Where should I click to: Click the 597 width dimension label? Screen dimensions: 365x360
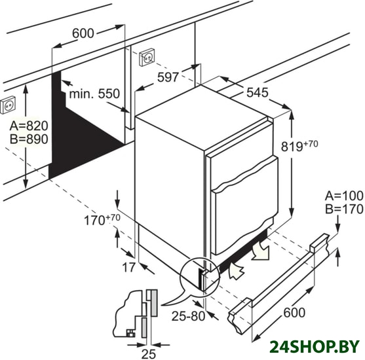tap(168, 77)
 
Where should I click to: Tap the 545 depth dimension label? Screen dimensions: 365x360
tap(258, 92)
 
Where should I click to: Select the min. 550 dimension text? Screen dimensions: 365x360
tap(94, 94)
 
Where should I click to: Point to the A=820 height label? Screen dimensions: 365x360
tap(29, 126)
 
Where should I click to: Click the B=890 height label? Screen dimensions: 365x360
tap(29, 139)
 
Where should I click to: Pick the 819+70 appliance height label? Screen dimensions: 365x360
tap(299, 145)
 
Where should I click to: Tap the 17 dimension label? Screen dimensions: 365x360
tap(128, 267)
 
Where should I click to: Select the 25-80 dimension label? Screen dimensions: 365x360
tap(188, 315)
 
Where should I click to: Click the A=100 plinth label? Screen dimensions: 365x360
tap(344, 196)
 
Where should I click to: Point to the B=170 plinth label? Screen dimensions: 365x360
tap(344, 209)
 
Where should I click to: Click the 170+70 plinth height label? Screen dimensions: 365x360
tap(102, 219)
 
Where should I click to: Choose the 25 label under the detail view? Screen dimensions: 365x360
tap(149, 354)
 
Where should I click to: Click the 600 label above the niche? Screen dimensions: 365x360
tap(83, 33)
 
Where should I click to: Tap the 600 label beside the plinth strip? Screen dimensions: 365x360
tap(294, 313)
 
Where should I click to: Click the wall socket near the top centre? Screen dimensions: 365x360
tap(147, 57)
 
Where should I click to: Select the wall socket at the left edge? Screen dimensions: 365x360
tap(8, 105)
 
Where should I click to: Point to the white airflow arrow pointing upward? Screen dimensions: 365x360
tap(235, 270)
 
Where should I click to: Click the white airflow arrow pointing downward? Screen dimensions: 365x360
tap(260, 251)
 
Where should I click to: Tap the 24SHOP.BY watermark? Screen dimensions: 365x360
tap(315, 347)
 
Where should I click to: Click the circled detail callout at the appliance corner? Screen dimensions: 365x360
tap(200, 276)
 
